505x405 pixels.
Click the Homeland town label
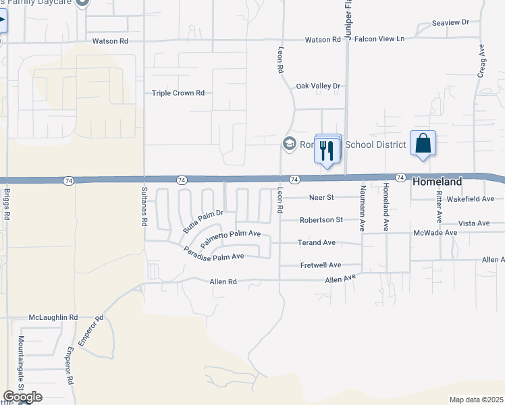point(437,182)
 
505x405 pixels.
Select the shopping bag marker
point(423,144)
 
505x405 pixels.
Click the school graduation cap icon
point(289,143)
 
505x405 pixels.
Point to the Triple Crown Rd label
point(178,93)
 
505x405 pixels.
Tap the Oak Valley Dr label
point(319,86)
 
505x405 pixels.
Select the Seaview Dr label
point(450,22)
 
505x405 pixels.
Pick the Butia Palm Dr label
point(202,221)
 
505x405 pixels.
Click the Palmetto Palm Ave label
point(230,237)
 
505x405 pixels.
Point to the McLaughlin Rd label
point(53,317)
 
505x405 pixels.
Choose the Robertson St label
point(321,220)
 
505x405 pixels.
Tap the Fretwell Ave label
point(321,265)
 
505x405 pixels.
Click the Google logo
point(22,397)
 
